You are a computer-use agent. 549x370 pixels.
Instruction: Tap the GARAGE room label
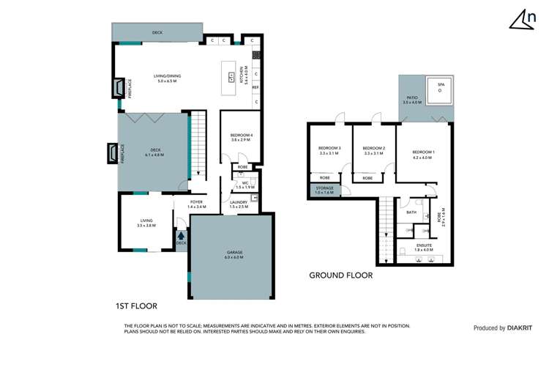click(x=234, y=252)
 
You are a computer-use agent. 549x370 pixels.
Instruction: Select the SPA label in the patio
click(x=441, y=85)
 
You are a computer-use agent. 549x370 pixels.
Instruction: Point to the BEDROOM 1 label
click(x=423, y=152)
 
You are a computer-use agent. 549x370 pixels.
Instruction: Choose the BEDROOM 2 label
click(x=374, y=149)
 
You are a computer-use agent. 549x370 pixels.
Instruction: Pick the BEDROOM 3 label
click(x=329, y=149)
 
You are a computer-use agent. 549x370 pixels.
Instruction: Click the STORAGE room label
click(x=324, y=188)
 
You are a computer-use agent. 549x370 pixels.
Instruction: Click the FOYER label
click(x=196, y=202)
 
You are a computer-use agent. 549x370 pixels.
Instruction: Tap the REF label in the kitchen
click(x=255, y=87)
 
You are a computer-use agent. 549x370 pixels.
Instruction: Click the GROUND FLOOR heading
click(x=340, y=276)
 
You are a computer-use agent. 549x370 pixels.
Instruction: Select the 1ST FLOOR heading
click(x=136, y=306)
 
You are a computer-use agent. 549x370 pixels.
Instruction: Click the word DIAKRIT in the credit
click(x=521, y=328)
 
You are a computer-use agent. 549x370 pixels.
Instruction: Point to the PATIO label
click(x=411, y=97)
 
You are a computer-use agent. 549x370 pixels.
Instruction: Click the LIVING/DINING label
click(x=167, y=75)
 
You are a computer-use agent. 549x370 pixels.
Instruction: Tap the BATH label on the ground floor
click(x=411, y=212)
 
